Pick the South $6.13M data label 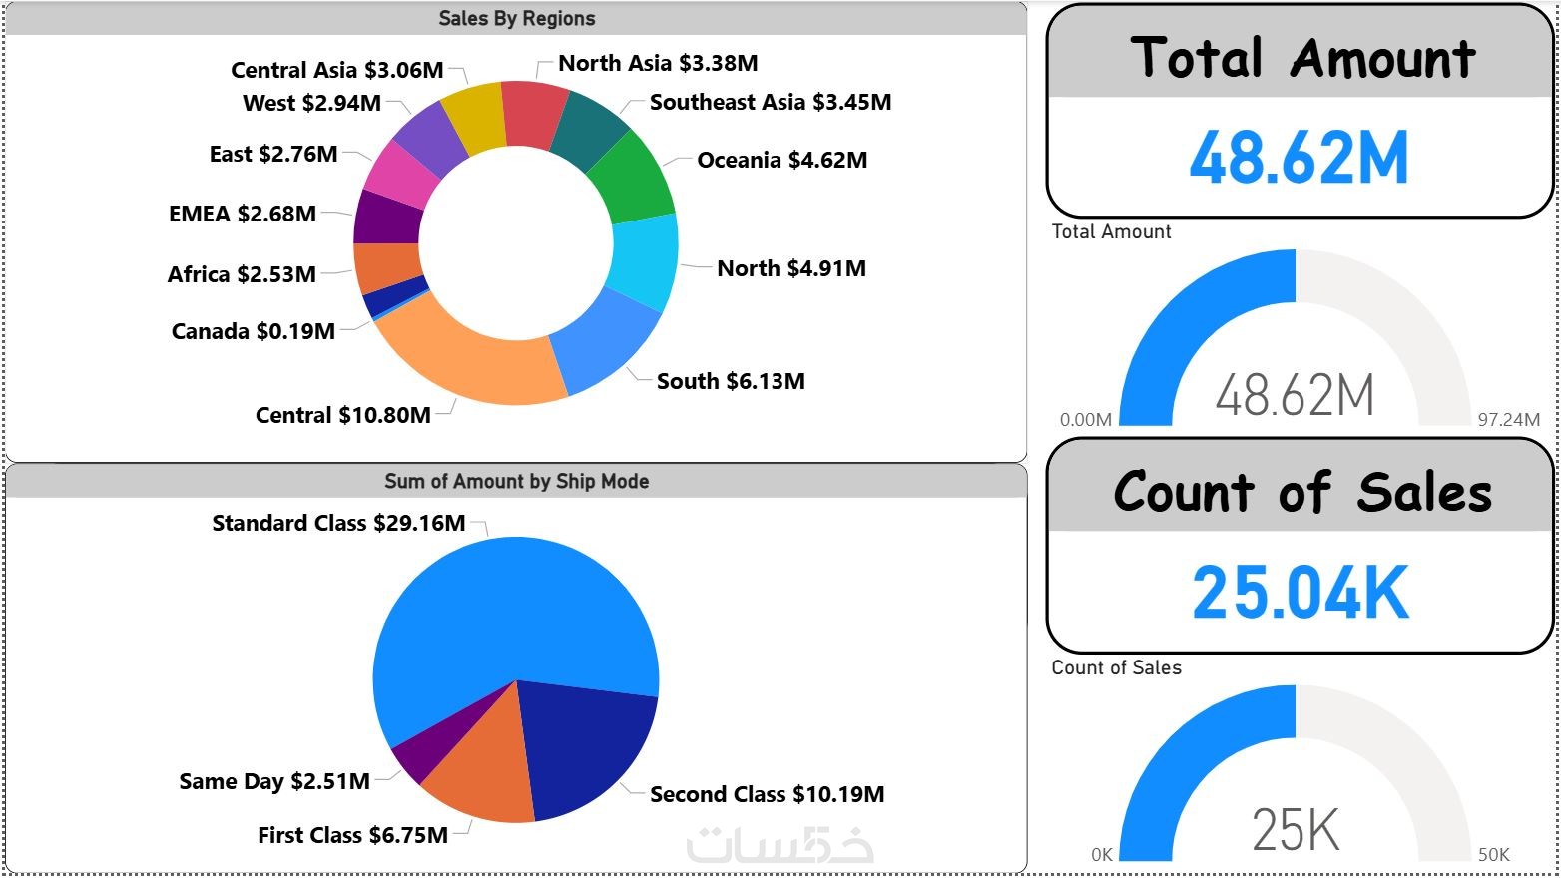(x=731, y=381)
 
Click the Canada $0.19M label (x=254, y=331)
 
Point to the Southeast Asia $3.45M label (x=771, y=102)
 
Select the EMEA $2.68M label (x=243, y=214)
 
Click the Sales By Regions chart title (x=516, y=19)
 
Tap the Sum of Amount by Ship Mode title (x=516, y=482)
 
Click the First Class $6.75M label (x=352, y=835)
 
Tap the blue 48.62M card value (x=1299, y=159)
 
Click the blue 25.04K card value (x=1300, y=593)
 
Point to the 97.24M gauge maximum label (x=1508, y=420)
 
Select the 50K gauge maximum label (x=1494, y=855)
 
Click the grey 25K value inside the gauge (x=1296, y=830)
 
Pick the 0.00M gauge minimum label (x=1086, y=420)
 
